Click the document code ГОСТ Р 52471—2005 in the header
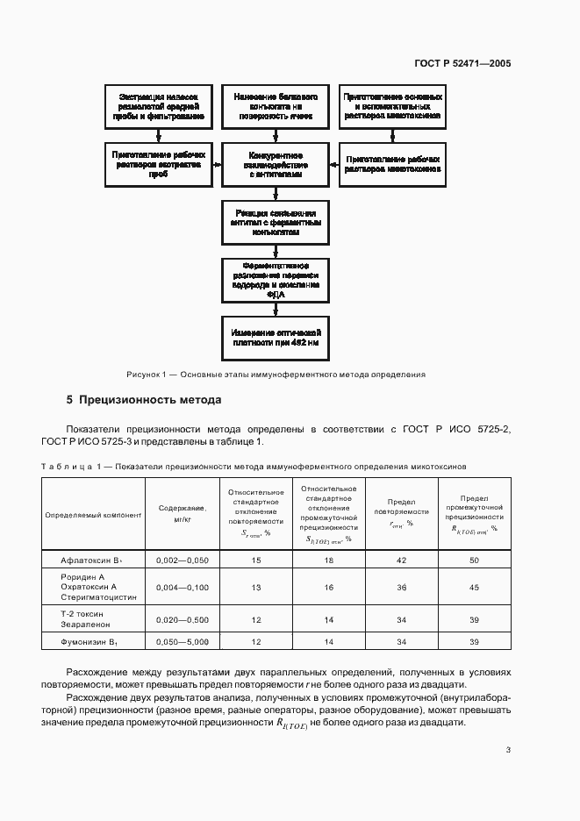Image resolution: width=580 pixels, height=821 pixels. tap(463, 63)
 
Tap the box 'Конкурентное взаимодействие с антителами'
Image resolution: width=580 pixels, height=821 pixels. tap(276, 164)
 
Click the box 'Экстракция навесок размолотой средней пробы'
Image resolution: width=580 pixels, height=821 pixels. tap(158, 106)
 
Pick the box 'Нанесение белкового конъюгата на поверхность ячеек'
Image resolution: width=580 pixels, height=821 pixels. tap(276, 106)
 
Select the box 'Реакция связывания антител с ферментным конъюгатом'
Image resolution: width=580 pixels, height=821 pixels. tap(276, 223)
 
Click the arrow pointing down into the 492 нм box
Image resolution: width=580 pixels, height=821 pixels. tap(276, 310)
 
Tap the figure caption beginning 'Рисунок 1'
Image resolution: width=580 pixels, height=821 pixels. tap(276, 375)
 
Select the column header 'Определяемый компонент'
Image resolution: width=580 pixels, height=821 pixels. tap(93, 515)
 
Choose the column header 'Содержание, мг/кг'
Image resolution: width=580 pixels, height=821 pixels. tap(183, 514)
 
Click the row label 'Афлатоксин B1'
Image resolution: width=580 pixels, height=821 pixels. tap(93, 559)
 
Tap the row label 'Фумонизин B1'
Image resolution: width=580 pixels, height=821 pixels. tap(93, 642)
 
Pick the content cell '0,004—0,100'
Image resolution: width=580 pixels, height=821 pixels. tap(183, 587)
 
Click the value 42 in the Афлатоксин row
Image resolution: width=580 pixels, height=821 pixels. tap(401, 559)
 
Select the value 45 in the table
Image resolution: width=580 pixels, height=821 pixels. tap(474, 587)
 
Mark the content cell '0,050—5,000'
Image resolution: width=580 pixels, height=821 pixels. tap(183, 642)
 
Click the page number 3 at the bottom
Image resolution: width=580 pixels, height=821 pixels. tap(508, 749)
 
